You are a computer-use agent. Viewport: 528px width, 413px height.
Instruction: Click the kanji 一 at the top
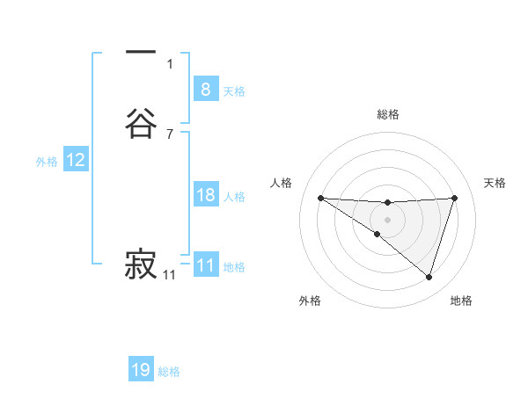(x=141, y=54)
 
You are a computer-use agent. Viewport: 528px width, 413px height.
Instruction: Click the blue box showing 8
(x=205, y=89)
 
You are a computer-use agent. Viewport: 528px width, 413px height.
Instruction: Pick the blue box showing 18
(x=205, y=195)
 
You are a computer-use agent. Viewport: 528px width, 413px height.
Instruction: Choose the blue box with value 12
(x=76, y=160)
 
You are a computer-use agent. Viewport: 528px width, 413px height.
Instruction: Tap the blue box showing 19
(x=141, y=370)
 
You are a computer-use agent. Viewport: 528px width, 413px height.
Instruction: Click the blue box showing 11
(x=205, y=265)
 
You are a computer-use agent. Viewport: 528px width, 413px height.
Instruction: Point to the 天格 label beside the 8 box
(x=234, y=91)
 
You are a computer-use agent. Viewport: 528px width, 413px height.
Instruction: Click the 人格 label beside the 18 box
(x=234, y=197)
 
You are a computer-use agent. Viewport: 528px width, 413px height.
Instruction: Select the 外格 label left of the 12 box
(x=47, y=162)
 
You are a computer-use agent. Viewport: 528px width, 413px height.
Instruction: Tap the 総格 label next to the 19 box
(x=169, y=372)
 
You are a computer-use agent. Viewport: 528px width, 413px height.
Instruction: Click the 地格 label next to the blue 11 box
(x=234, y=267)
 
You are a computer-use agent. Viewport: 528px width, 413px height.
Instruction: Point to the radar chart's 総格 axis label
(x=388, y=114)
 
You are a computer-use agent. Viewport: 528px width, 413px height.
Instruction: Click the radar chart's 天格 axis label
(x=495, y=183)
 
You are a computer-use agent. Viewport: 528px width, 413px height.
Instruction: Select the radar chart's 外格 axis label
(x=310, y=301)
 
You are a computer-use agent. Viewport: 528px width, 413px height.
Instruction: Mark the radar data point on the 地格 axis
(x=429, y=278)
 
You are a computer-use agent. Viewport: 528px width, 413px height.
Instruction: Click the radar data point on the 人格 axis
(x=320, y=198)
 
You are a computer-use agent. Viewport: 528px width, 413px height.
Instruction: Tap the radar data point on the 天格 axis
(x=454, y=198)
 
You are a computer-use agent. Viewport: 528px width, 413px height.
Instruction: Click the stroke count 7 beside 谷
(x=169, y=134)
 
